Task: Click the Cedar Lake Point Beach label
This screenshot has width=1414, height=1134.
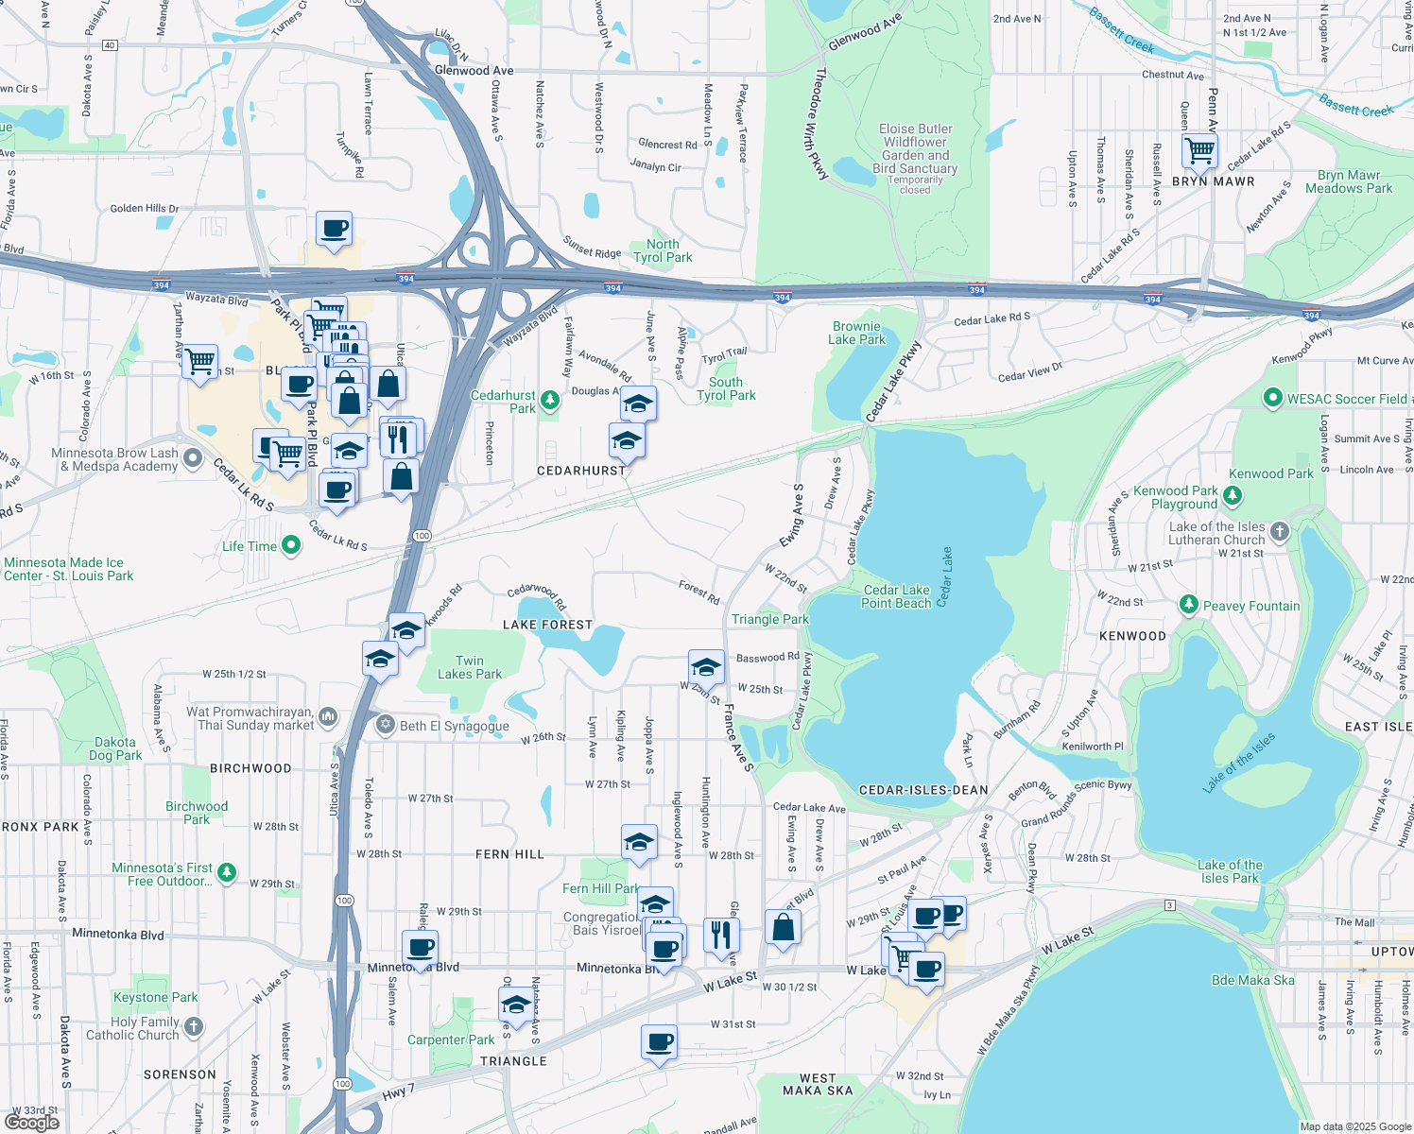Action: (896, 596)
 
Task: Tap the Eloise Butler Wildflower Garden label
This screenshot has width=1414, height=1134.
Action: (915, 149)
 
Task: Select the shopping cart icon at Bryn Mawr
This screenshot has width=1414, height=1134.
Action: (1199, 150)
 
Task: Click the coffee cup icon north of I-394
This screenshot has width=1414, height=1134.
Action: (334, 229)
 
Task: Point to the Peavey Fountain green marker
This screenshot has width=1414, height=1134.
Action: (1189, 605)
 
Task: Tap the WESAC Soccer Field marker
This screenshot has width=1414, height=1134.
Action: (1273, 399)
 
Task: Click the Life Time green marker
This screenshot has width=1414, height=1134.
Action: (291, 545)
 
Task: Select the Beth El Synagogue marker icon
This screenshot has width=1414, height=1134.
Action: (385, 725)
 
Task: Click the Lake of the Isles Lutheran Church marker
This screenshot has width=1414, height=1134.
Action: (1280, 531)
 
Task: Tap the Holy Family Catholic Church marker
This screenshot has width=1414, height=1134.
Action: (194, 1026)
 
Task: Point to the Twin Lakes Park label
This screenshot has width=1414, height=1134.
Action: (470, 667)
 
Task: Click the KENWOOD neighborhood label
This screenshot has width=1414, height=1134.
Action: (1132, 636)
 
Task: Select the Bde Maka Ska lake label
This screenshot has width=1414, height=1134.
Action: (1252, 980)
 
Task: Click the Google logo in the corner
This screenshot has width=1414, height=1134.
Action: (32, 1122)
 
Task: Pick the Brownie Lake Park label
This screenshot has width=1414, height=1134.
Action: (856, 333)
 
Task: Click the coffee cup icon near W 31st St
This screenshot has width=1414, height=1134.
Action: (659, 1042)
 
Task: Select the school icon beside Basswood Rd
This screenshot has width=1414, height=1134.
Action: (706, 667)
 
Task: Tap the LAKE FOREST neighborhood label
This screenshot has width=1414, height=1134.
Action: (547, 625)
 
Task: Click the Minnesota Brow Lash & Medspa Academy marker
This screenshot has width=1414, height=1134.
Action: (193, 458)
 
